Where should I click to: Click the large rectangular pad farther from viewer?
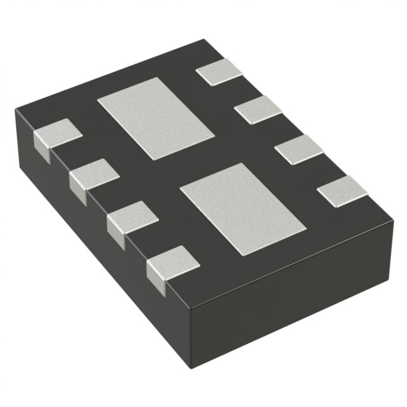155,119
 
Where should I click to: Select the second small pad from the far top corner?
258,109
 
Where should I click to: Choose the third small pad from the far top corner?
300,149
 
